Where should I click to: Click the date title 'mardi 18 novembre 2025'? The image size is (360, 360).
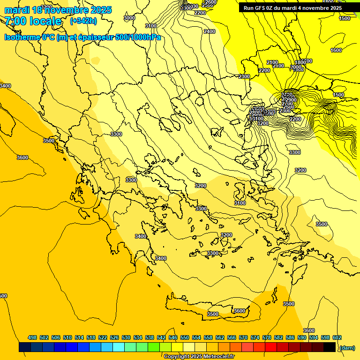[58, 10]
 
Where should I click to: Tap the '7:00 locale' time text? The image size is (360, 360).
[33, 21]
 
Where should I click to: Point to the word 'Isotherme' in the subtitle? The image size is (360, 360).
[22, 37]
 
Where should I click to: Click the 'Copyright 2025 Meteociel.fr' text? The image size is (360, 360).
[199, 357]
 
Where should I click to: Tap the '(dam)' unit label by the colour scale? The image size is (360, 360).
[347, 347]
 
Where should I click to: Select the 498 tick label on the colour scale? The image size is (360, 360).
[32, 337]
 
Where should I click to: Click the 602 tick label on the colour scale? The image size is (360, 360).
[337, 337]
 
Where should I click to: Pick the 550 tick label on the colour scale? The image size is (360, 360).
[185, 337]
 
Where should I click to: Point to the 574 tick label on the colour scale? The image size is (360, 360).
[255, 337]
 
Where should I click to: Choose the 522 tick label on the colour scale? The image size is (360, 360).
[103, 337]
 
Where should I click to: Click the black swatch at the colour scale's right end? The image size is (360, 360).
[330, 347]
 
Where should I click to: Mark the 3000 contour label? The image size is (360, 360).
[129, 18]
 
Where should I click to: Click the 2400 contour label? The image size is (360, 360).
[210, 31]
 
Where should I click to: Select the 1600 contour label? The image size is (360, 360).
[336, 50]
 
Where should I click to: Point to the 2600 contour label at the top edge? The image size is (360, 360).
[211, 2]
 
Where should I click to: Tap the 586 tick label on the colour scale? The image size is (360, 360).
[290, 337]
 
